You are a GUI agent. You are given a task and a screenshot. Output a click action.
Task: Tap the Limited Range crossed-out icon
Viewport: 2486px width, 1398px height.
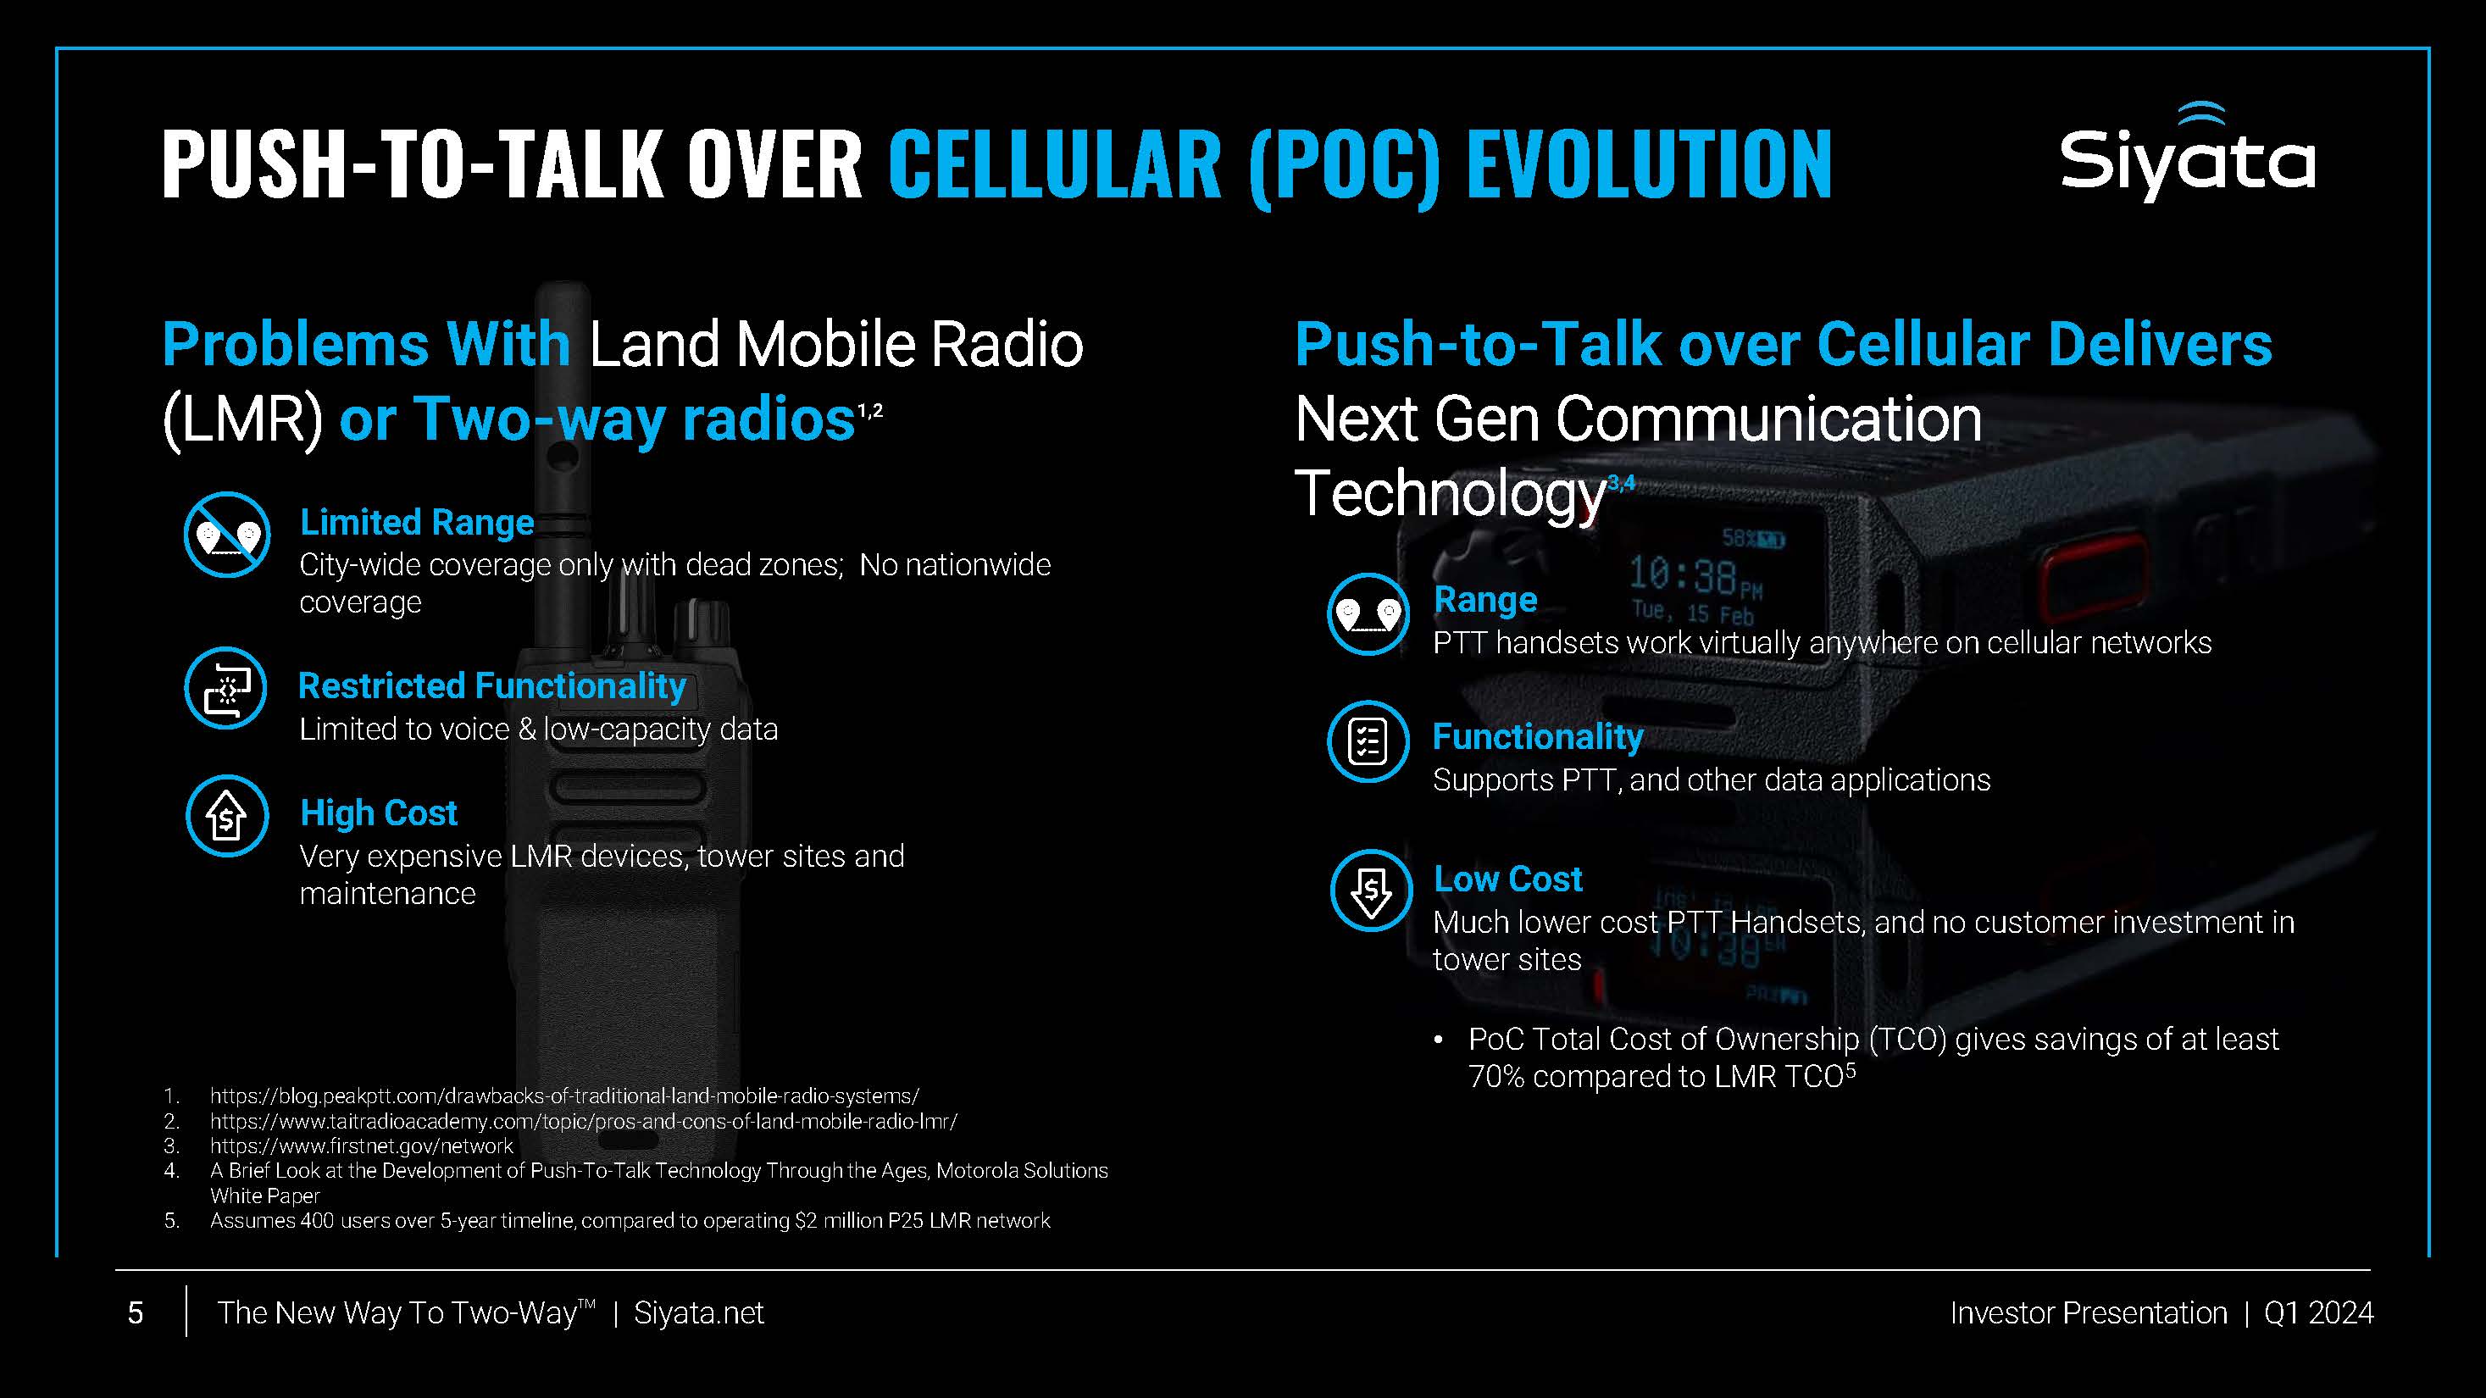pyautogui.click(x=227, y=535)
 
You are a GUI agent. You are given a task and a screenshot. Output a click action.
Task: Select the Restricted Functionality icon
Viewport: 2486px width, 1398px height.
pyautogui.click(x=226, y=688)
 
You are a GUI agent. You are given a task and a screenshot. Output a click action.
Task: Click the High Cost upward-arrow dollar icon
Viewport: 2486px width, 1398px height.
pyautogui.click(x=227, y=815)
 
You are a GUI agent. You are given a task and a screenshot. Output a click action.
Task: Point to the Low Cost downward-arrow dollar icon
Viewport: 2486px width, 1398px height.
pyautogui.click(x=1371, y=890)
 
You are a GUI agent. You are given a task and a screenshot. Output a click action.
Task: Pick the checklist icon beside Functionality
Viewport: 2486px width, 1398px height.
pyautogui.click(x=1368, y=741)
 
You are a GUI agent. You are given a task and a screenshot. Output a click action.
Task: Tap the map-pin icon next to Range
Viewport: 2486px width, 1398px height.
pyautogui.click(x=1368, y=613)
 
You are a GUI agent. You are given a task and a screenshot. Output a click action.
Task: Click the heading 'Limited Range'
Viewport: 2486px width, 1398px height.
pyautogui.click(x=417, y=522)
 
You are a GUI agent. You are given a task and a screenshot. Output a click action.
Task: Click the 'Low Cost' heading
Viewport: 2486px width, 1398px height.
pyautogui.click(x=1508, y=878)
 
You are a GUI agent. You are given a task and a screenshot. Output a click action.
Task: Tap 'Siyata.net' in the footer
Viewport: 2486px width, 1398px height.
pyautogui.click(x=699, y=1312)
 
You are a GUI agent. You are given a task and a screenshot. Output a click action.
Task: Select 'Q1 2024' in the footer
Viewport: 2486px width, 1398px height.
pyautogui.click(x=2319, y=1312)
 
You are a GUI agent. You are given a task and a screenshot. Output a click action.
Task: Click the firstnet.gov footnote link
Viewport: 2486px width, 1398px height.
pyautogui.click(x=361, y=1146)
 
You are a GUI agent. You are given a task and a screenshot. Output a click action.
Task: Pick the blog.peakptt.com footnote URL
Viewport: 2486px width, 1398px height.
pyautogui.click(x=564, y=1096)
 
